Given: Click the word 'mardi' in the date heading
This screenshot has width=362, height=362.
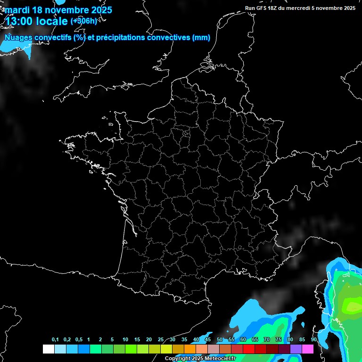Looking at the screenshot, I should [x=17, y=10].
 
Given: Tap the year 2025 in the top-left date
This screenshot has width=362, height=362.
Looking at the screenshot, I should [x=100, y=10].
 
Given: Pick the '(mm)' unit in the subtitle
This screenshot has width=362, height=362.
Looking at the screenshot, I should [x=201, y=38].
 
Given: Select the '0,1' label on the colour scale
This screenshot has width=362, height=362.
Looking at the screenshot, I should [x=55, y=340].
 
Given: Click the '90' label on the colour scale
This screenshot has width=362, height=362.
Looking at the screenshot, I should [x=314, y=340].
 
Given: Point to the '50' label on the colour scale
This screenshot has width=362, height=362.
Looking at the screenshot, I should [x=220, y=340].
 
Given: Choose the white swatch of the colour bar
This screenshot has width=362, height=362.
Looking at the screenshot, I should [x=48, y=349].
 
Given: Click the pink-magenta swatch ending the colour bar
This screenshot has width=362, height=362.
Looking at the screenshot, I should [x=308, y=349].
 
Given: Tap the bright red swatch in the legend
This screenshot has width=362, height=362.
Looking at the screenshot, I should [x=249, y=349].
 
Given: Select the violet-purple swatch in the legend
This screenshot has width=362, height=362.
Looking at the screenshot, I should [x=296, y=349].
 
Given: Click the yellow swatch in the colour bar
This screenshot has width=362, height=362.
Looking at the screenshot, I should [x=166, y=349].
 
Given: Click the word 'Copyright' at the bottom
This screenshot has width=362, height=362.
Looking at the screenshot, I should [x=177, y=359].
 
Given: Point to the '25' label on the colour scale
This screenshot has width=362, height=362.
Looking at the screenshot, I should [x=161, y=340].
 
